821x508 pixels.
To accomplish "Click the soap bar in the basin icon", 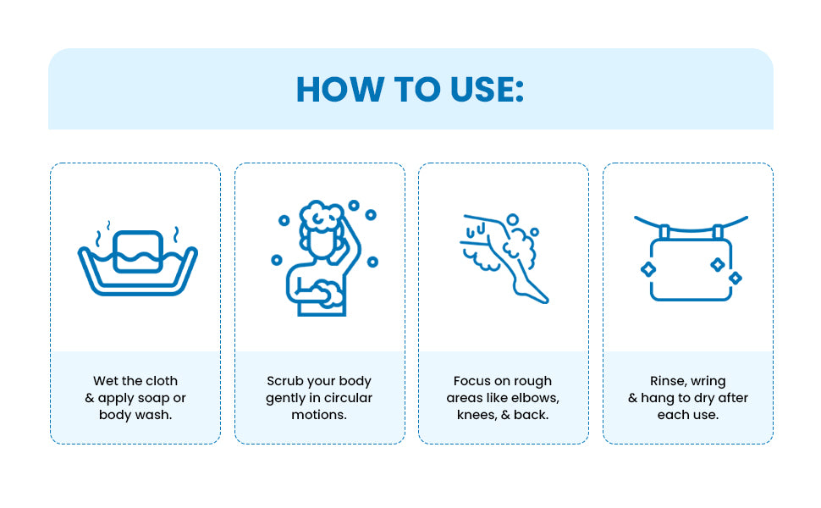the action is pos(138,251).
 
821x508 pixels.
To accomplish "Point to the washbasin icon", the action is pos(138,258).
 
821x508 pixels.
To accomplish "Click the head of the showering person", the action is pos(321,230).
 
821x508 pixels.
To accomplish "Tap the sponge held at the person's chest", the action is pos(331,294).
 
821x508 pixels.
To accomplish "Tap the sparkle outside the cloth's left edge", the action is pos(648,269).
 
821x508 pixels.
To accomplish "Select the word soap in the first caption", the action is pos(152,398).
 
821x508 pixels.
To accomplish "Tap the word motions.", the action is pos(319,415).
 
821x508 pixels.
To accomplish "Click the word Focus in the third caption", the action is pos(471,381).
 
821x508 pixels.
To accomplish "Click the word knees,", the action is pos(477,415).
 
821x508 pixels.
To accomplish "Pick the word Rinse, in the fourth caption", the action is pos(668,381).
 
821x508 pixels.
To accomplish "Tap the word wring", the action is pos(708,381).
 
